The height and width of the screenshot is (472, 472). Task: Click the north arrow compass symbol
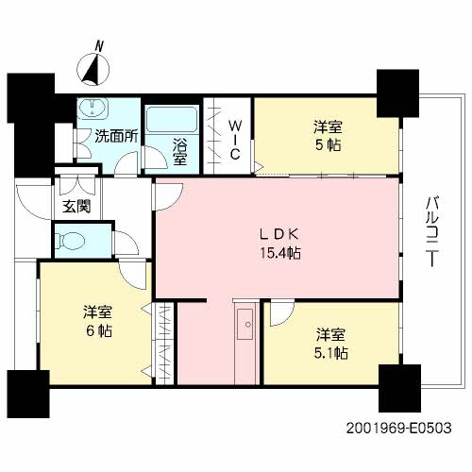[93, 69]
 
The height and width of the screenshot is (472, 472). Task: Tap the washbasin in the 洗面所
[93, 108]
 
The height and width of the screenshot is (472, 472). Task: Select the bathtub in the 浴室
[172, 120]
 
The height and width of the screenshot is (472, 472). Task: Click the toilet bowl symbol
[70, 242]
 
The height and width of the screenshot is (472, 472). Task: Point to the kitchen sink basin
[245, 324]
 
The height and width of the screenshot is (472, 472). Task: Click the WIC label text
[235, 141]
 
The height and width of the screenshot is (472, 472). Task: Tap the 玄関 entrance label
[76, 206]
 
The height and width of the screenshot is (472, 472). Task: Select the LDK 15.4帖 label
[279, 244]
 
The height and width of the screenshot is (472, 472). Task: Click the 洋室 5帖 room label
[328, 136]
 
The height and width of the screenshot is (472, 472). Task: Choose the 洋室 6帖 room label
[98, 321]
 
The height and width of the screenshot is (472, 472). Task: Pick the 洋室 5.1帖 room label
[331, 344]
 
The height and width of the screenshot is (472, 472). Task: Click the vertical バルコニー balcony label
[432, 231]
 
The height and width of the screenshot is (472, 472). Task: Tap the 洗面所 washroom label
[117, 136]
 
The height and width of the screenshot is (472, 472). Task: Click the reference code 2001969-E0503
[399, 428]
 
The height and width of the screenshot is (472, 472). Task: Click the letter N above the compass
[100, 46]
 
